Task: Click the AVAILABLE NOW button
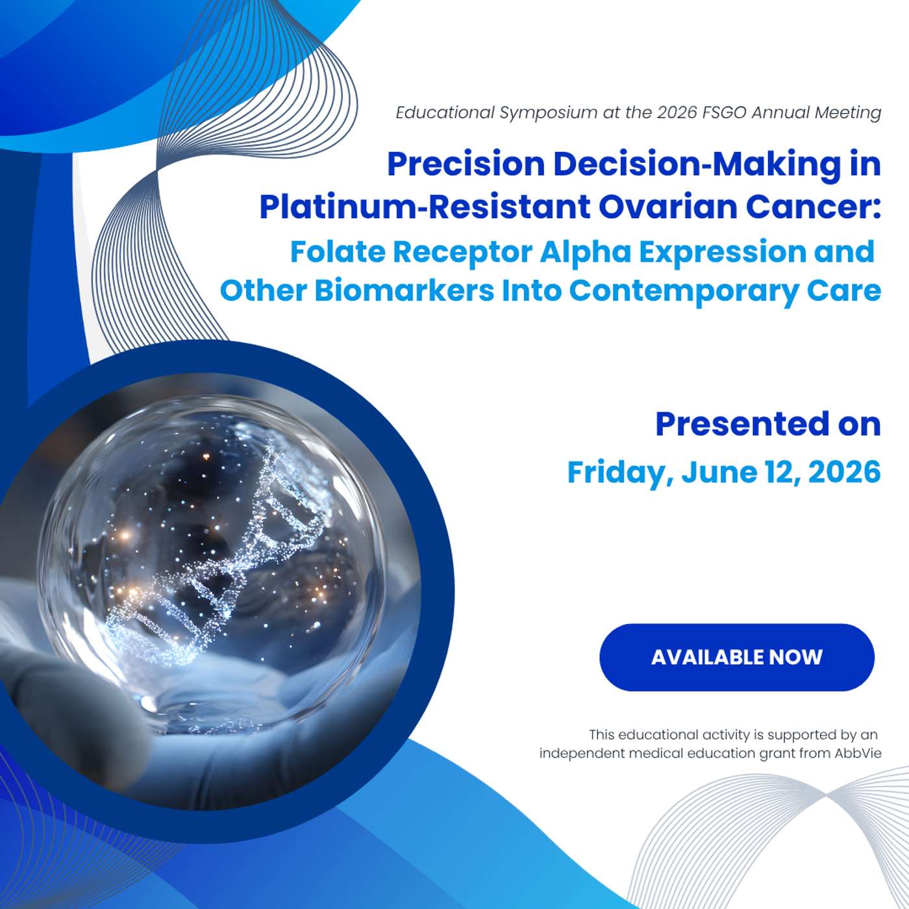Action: coord(737,657)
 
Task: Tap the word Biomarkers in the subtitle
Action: coord(405,291)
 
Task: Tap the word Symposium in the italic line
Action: coord(549,113)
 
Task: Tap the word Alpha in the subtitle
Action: coord(586,253)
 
